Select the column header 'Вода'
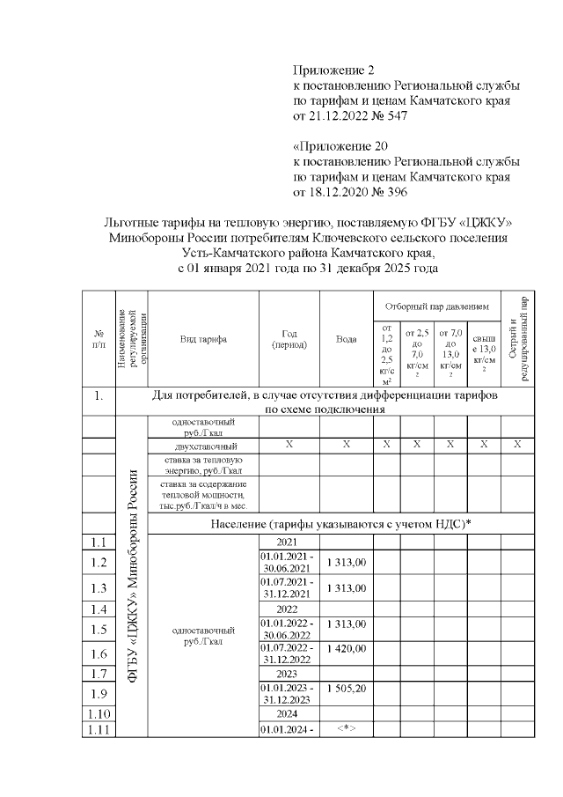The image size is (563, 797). (346, 339)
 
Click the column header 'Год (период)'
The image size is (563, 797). (289, 339)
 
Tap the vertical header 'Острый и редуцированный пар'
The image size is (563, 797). (517, 338)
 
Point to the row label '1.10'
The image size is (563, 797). (99, 713)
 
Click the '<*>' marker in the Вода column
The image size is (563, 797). (346, 727)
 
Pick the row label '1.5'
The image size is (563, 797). (99, 629)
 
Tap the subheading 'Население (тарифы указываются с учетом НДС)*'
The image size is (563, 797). (340, 524)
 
